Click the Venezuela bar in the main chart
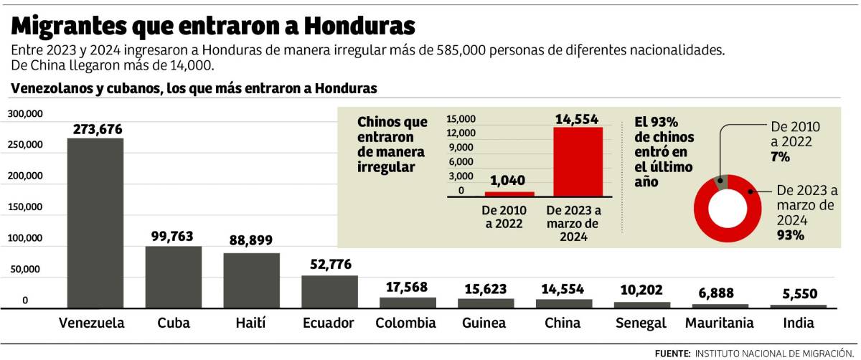(95, 222)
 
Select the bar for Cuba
(173, 277)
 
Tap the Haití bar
(251, 280)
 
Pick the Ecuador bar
(329, 292)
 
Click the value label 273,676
(98, 130)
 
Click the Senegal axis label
(641, 323)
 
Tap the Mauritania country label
(720, 323)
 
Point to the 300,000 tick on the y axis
(25, 114)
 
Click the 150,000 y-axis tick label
(25, 207)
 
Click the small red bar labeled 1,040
(509, 194)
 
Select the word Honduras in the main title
(359, 26)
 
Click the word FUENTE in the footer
(672, 354)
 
